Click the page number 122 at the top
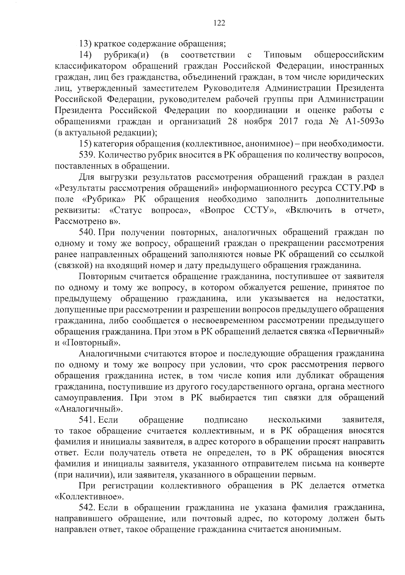(219, 23)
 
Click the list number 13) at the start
(85, 44)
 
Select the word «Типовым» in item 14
(282, 55)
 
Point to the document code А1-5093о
(365, 122)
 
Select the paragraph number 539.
(87, 155)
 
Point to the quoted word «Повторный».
(91, 343)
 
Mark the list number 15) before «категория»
(85, 144)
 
